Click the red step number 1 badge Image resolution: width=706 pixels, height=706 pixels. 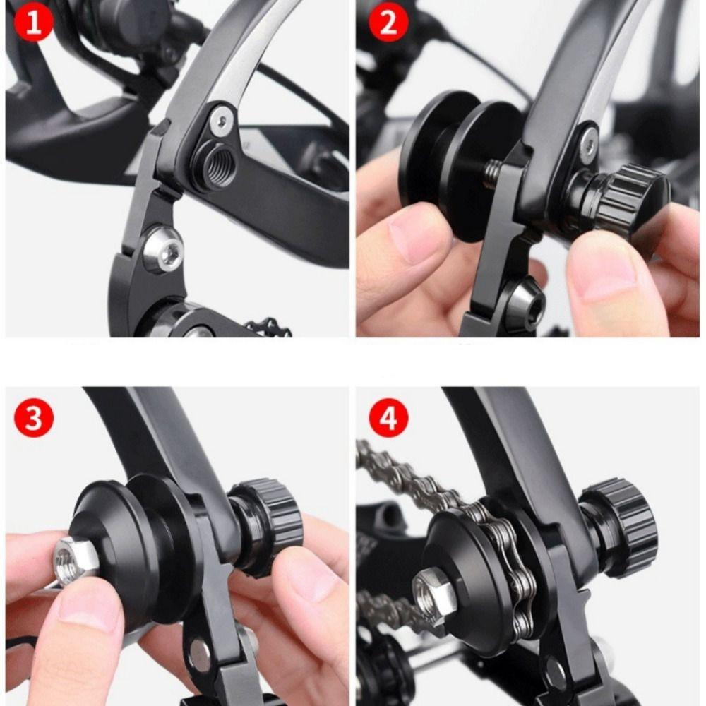click(30, 24)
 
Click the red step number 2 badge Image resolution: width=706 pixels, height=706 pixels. click(388, 23)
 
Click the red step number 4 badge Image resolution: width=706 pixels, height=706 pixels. click(388, 418)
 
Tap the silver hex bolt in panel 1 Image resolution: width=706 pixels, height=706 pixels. click(163, 249)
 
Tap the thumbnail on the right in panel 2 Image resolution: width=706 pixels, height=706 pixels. click(607, 282)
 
